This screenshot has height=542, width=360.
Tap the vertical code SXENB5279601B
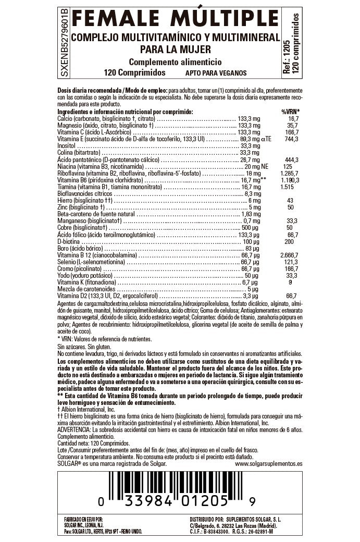64,43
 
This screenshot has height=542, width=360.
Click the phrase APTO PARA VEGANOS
216,73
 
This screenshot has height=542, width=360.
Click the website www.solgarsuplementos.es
268,463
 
